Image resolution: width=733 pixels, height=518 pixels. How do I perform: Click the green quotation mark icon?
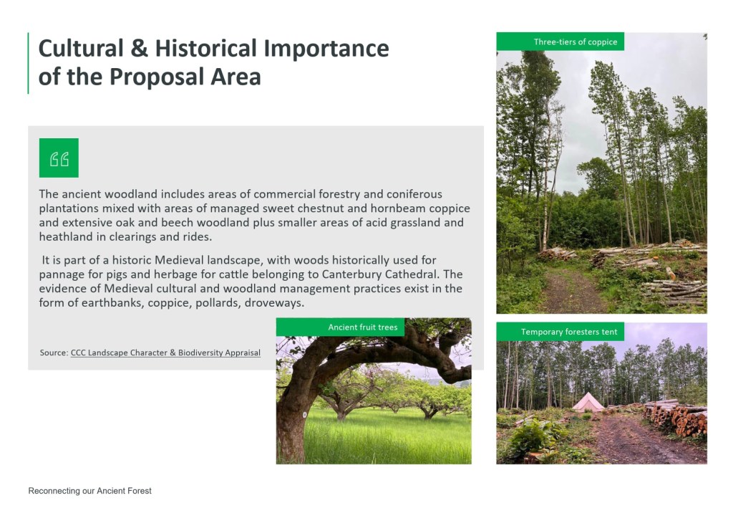pos(59,158)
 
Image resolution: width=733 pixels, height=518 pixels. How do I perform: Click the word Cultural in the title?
pos(81,48)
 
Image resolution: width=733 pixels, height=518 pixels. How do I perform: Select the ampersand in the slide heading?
pos(140,49)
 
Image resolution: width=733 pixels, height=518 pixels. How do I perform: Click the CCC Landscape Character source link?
pos(165,352)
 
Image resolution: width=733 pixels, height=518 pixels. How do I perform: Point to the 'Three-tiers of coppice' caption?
pos(576,42)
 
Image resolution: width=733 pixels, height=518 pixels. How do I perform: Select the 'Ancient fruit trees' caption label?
pos(363,327)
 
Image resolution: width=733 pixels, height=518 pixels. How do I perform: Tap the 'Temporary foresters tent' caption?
pos(569,332)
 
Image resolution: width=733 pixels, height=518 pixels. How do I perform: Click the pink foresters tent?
pos(588,403)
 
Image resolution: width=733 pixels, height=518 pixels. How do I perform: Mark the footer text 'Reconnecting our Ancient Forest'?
pos(89,491)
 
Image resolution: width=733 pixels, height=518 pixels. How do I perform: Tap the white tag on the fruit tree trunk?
pos(305,415)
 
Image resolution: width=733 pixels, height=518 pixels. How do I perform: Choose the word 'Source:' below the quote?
pos(54,352)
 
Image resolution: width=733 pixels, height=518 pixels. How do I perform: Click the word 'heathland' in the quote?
pos(66,236)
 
